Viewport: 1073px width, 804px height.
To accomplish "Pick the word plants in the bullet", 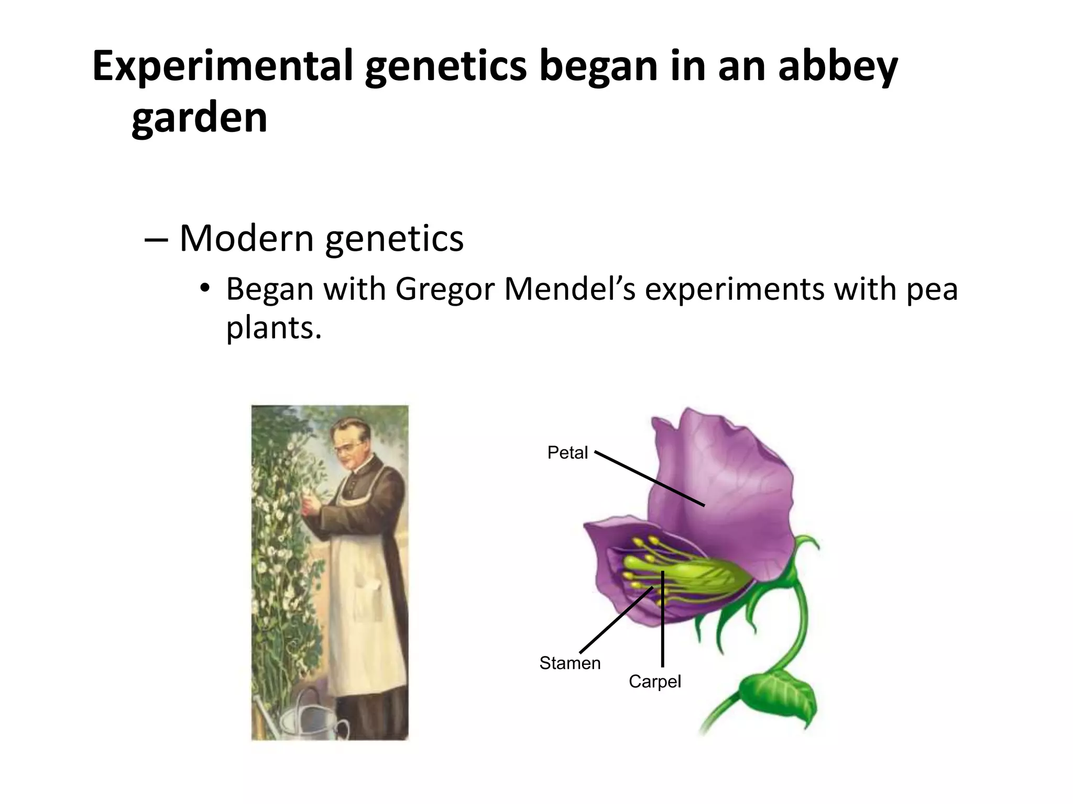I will [x=273, y=328].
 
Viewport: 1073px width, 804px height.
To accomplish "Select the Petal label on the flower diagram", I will [x=567, y=452].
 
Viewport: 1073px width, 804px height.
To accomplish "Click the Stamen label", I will [x=570, y=663].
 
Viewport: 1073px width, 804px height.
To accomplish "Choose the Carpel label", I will [x=655, y=682].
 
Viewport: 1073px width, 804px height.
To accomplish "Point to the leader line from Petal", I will [x=650, y=479].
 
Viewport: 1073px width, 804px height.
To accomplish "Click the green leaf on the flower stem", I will [x=781, y=696].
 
